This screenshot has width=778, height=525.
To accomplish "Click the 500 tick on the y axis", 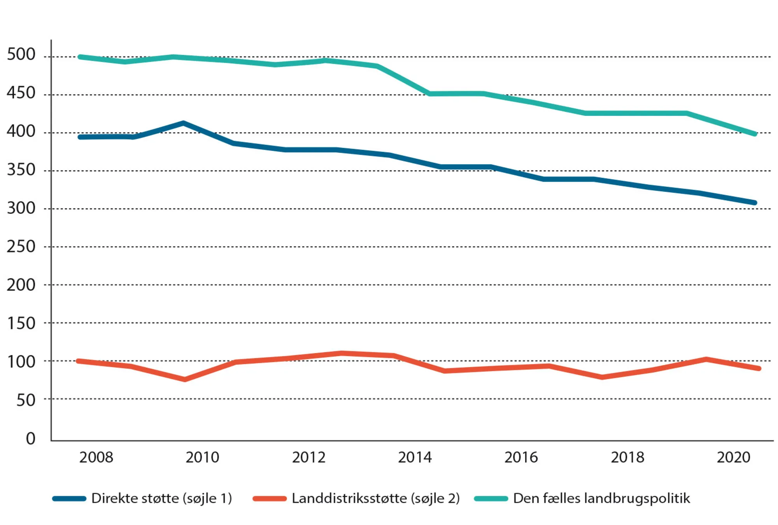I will tap(21, 54).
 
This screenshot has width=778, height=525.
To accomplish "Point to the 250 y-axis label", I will tap(21, 247).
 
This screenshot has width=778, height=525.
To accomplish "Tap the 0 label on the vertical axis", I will tap(30, 439).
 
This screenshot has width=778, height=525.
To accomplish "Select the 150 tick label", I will tap(21, 324).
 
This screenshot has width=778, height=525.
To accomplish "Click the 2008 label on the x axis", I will tap(96, 457).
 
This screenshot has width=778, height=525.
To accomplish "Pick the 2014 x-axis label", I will tap(415, 457).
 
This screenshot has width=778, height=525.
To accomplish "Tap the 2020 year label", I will tap(733, 457).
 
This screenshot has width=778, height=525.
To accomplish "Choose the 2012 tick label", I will tap(308, 457).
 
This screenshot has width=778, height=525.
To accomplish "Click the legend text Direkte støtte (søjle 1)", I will tap(161, 498).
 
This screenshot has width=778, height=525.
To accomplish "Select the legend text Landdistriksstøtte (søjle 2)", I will tap(376, 498).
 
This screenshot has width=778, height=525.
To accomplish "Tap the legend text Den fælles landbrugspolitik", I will tap(601, 498).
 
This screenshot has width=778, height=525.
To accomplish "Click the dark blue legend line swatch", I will tap(69, 499).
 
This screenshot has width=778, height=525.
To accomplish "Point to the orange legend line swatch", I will tap(270, 499).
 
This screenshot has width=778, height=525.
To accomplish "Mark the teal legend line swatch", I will tap(491, 499).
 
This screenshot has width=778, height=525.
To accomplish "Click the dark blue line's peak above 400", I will tap(183, 123).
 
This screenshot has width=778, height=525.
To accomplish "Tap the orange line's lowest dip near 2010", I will tap(184, 379).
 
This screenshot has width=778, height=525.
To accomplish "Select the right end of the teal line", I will tap(755, 134).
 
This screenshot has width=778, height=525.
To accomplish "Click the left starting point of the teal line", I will tap(80, 57).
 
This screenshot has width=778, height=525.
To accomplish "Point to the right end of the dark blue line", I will tap(755, 203).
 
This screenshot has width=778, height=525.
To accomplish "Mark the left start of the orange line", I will tap(78, 361).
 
